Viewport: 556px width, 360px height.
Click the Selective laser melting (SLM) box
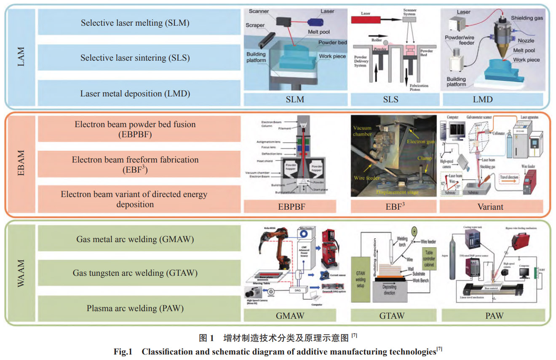click(x=135, y=23)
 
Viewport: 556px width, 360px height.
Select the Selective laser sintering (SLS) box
click(x=135, y=58)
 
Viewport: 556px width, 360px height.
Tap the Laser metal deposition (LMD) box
click(x=135, y=93)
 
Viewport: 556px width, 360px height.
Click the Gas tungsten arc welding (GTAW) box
click(x=135, y=273)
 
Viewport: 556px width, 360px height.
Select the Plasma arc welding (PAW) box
click(x=135, y=308)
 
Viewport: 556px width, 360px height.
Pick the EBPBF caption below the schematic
click(x=290, y=207)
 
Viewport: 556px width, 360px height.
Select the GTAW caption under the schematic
click(x=392, y=315)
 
